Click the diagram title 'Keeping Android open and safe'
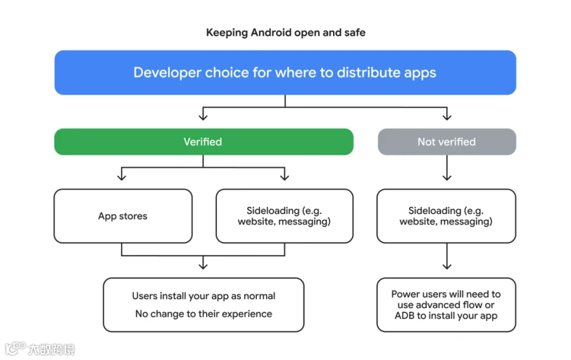click(285, 33)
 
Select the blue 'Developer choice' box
click(285, 72)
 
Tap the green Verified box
click(204, 142)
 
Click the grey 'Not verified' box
click(447, 142)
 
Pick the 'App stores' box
click(123, 216)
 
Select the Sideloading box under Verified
click(284, 216)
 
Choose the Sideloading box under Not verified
click(446, 216)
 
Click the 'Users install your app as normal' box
click(204, 305)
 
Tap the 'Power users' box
click(446, 305)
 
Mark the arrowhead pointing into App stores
click(122, 177)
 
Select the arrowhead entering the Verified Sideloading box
click(284, 177)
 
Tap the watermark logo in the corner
click(16, 348)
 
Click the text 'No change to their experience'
click(204, 314)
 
